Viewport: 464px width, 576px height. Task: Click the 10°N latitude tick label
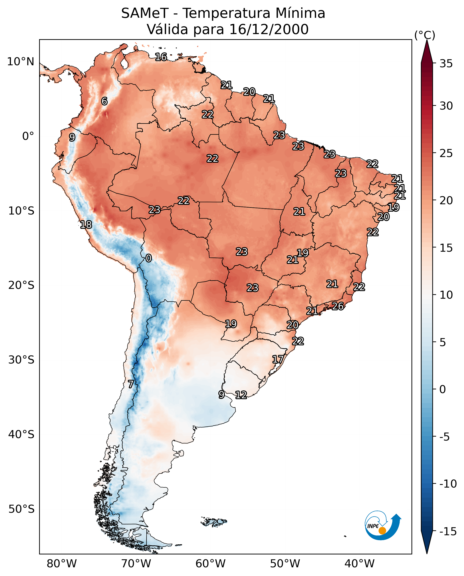[21, 62]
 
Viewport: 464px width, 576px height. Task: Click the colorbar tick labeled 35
[446, 64]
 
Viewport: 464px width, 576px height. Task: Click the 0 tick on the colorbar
[443, 389]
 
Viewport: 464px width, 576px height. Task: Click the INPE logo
[383, 525]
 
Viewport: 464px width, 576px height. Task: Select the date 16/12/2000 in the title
[269, 29]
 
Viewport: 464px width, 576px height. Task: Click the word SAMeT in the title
[145, 13]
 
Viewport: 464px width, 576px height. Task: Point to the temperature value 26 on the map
[338, 306]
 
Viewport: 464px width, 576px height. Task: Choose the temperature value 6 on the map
[104, 101]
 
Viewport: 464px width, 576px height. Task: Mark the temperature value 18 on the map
[86, 225]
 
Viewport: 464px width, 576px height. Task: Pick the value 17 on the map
[278, 359]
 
